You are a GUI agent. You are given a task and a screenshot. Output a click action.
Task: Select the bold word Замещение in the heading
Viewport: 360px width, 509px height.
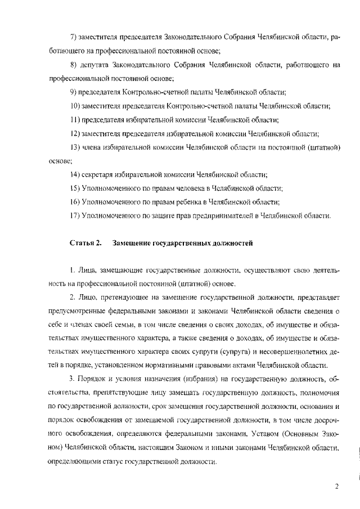coord(130,243)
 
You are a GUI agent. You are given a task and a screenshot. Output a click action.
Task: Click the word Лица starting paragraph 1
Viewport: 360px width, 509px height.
coord(87,271)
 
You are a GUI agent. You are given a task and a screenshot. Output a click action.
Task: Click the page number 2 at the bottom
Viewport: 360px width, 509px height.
coord(336,487)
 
